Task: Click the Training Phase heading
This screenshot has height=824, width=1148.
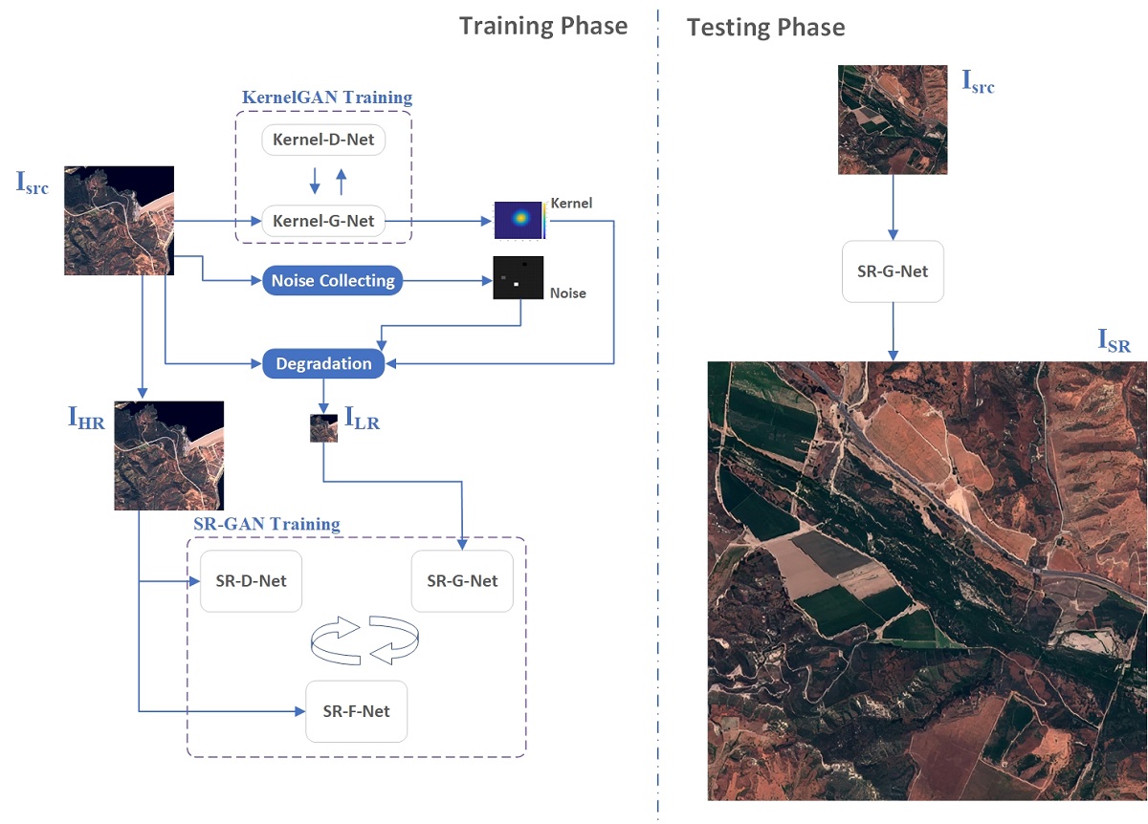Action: [x=543, y=26]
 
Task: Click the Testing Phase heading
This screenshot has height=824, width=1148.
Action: [x=765, y=28]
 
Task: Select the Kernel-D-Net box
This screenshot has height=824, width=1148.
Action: [x=323, y=141]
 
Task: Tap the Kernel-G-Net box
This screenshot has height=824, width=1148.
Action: [x=323, y=222]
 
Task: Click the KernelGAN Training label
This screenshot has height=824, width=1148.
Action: [x=327, y=98]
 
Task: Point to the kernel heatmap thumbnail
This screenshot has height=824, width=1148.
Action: [x=519, y=220]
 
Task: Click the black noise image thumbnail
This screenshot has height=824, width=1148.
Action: [x=518, y=278]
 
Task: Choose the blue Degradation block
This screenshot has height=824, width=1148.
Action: [x=323, y=363]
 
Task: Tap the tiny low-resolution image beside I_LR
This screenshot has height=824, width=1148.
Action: [x=323, y=427]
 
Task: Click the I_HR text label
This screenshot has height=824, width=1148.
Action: [x=86, y=417]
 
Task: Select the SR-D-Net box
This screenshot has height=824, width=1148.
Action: [x=251, y=580]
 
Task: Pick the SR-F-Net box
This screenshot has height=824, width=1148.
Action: [x=356, y=711]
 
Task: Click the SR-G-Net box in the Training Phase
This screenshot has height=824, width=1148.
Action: [x=462, y=580]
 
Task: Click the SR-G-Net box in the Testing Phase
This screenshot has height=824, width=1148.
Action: [x=893, y=271]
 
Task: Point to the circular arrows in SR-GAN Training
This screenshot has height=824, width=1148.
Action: [x=365, y=640]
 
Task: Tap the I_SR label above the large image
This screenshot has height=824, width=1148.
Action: [x=1114, y=341]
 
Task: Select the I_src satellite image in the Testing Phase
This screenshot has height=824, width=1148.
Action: [x=893, y=119]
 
